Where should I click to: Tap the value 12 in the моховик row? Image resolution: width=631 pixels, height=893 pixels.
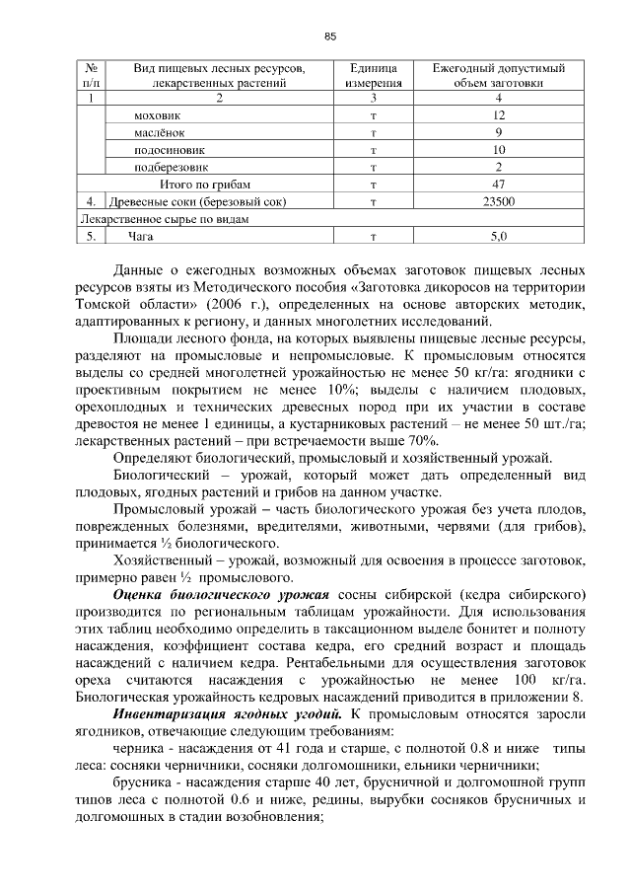point(499,116)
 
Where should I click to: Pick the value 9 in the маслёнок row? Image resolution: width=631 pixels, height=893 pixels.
point(499,133)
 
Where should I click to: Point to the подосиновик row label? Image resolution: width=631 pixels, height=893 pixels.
point(168,150)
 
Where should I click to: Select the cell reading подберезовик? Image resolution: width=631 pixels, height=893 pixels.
point(171,167)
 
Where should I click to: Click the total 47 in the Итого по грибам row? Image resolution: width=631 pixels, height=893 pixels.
point(499,184)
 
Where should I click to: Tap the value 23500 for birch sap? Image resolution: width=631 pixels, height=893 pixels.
point(499,201)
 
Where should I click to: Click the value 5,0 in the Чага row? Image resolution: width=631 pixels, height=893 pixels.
point(499,237)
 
